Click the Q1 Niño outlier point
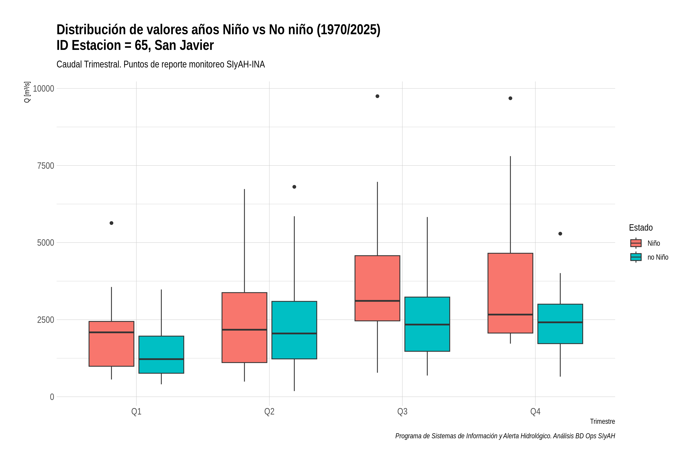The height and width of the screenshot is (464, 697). (x=112, y=223)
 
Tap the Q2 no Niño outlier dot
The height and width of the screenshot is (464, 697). (x=294, y=187)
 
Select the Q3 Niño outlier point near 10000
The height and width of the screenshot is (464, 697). (x=377, y=96)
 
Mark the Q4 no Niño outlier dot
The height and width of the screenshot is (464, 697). (x=560, y=234)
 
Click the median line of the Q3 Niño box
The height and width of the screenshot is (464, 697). (x=377, y=301)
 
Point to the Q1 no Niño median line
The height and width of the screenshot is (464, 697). (x=161, y=359)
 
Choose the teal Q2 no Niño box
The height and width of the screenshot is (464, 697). (x=294, y=330)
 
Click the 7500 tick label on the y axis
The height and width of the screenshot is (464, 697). (x=46, y=166)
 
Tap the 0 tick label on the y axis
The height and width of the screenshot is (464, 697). (x=52, y=397)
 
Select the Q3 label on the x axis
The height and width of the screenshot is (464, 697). (x=402, y=412)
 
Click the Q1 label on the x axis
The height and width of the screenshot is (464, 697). (x=136, y=412)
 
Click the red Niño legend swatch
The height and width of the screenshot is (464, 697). (x=636, y=243)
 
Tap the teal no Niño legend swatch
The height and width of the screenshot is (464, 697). (x=636, y=257)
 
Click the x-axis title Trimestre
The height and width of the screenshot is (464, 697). (x=603, y=421)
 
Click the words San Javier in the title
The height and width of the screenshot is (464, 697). (x=184, y=45)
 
